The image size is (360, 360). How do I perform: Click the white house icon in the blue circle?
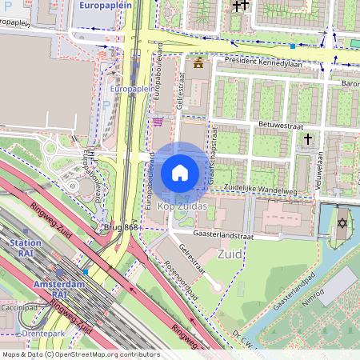(x=180, y=172)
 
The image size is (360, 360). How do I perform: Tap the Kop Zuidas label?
(x=177, y=206)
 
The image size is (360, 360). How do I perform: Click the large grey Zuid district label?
(x=230, y=254)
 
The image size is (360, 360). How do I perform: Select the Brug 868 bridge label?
(x=121, y=228)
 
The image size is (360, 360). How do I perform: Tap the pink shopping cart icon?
(x=158, y=122)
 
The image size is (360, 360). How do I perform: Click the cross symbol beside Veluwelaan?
(x=307, y=139)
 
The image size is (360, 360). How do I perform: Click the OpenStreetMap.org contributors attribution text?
(x=106, y=354)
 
